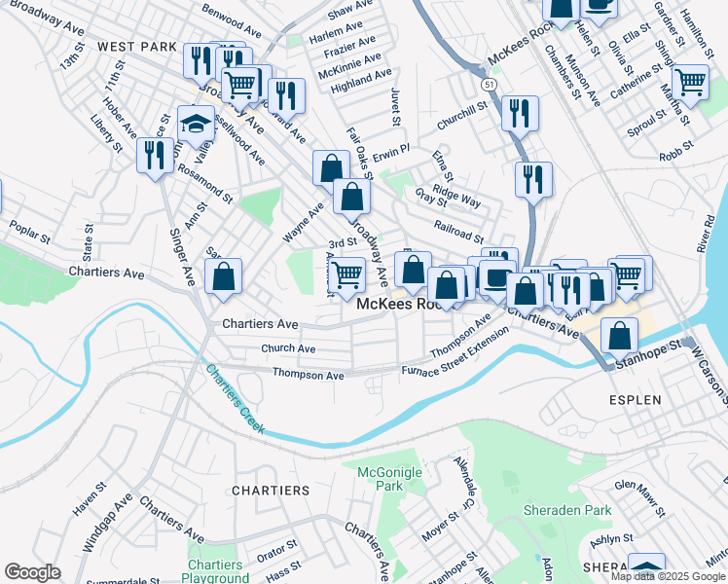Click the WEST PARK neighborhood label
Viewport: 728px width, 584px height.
click(137, 47)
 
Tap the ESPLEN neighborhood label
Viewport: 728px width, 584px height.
click(636, 400)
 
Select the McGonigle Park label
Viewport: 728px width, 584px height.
click(381, 478)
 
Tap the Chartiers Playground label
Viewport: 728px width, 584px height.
click(215, 571)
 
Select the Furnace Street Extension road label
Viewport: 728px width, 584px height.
click(456, 351)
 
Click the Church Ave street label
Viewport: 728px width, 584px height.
click(288, 348)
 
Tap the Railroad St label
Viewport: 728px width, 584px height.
click(459, 236)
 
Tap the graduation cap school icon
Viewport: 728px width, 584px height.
click(196, 123)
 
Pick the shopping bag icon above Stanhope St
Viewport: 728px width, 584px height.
click(619, 335)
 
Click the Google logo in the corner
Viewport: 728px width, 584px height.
click(32, 572)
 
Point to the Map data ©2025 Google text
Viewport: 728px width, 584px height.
click(667, 576)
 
